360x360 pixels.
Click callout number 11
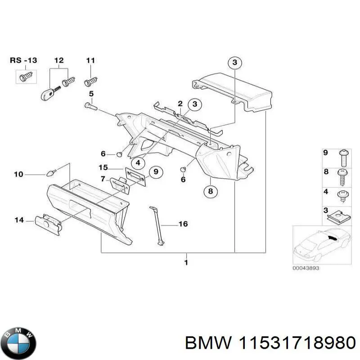pos(90,60)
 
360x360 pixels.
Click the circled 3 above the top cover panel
pos(234,63)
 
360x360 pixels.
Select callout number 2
pos(180,104)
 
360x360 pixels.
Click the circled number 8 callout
pos(210,191)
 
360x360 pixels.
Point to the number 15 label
pos(103,168)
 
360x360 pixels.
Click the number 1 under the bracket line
pos(185,262)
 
